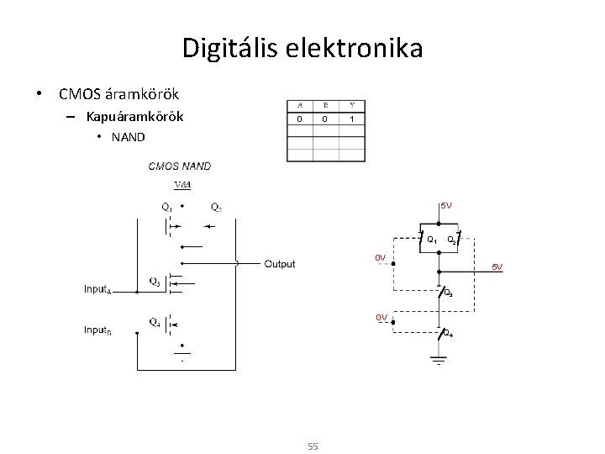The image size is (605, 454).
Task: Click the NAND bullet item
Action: pyautogui.click(x=127, y=136)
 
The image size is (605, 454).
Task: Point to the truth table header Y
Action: pyautogui.click(x=351, y=105)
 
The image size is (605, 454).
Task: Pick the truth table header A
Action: pyautogui.click(x=300, y=105)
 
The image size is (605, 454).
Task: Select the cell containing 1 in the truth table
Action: pyautogui.click(x=351, y=119)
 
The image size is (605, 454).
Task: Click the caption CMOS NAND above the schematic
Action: pyautogui.click(x=180, y=166)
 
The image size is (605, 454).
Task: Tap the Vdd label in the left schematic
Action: pyautogui.click(x=181, y=185)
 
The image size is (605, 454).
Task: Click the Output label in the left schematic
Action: pyautogui.click(x=280, y=264)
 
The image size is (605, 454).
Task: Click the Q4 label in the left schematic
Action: pyautogui.click(x=155, y=321)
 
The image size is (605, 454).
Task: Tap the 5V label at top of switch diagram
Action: pyautogui.click(x=446, y=205)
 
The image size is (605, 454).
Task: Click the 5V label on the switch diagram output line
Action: pyautogui.click(x=497, y=267)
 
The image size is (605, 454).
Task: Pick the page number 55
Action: pyautogui.click(x=312, y=446)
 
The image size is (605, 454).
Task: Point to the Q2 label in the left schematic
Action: pyautogui.click(x=217, y=207)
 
